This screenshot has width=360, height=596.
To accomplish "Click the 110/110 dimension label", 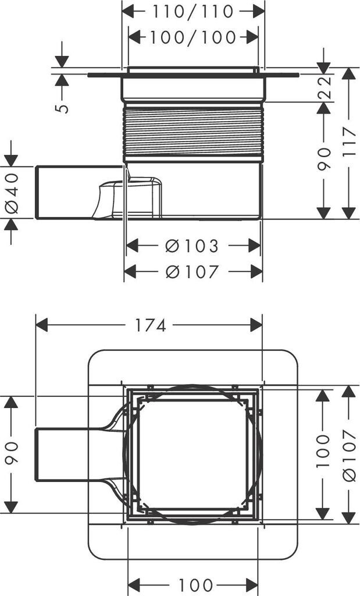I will tap(193, 11).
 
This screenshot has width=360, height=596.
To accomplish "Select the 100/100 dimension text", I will tap(193, 38).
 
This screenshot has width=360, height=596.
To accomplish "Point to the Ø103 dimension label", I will tap(192, 246).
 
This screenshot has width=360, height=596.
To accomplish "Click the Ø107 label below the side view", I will tap(192, 272).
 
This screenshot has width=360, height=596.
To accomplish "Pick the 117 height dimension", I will tap(348, 143).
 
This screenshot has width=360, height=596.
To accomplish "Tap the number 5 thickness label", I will tap(63, 108).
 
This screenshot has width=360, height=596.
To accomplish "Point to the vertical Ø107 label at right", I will tap(348, 454).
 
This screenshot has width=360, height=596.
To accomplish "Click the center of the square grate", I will tap(193, 455).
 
